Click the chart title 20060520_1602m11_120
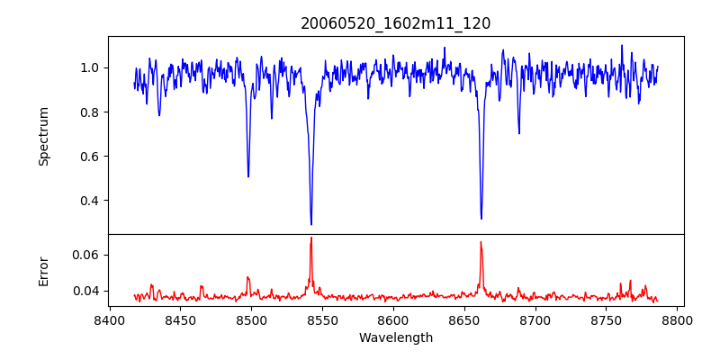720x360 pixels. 395,23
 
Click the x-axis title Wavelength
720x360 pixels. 395,338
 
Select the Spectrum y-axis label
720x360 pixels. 44,136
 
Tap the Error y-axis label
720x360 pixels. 44,271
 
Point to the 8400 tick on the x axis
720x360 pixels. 109,319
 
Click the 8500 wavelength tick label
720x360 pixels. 251,319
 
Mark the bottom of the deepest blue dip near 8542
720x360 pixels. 311,224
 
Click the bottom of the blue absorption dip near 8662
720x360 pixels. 481,218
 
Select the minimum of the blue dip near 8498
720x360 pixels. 248,176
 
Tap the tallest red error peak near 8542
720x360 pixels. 311,238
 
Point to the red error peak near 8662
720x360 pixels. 481,242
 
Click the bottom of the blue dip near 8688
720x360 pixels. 518,133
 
